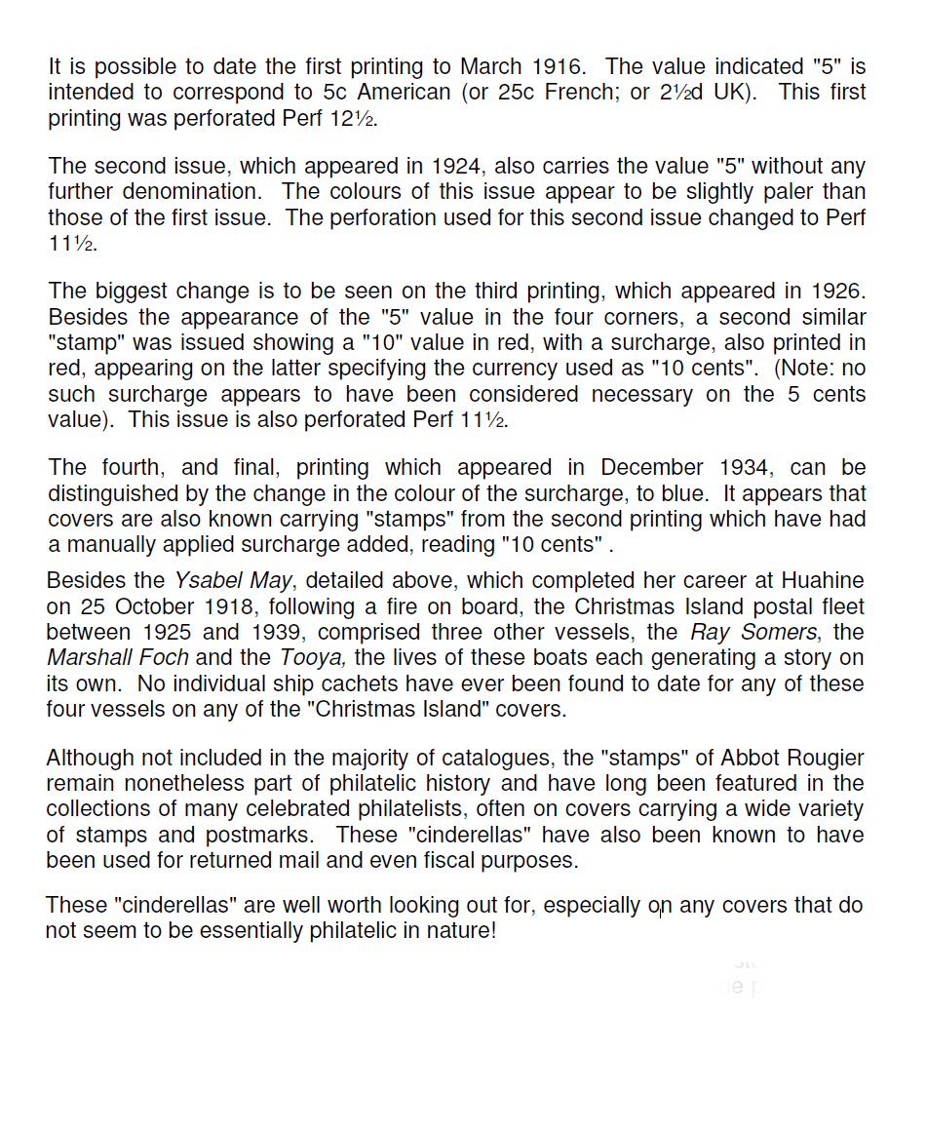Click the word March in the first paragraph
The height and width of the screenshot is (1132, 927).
point(492,67)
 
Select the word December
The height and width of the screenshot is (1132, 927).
point(653,467)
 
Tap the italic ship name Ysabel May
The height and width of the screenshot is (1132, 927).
point(233,581)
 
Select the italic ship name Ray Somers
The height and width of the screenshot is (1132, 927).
point(753,632)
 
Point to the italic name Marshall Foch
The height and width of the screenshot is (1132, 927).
point(118,657)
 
